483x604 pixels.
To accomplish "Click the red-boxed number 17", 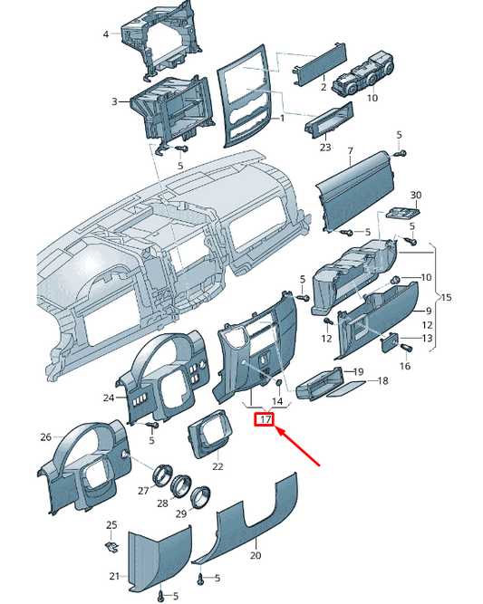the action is coord(264,419).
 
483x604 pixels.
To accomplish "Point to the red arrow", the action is coord(298,446).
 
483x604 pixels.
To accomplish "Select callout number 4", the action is coord(106,34).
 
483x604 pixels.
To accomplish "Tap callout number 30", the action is coord(416,195).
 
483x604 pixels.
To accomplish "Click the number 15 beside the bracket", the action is coord(446,297).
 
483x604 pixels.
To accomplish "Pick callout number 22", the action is coord(217,466).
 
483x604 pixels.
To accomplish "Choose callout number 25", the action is coord(111,525).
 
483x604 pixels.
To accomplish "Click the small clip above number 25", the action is coord(111,546).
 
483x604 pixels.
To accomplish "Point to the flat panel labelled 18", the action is coord(346,388).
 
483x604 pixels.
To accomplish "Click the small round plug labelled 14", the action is coord(277,383).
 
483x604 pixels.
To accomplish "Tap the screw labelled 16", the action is coord(407,348).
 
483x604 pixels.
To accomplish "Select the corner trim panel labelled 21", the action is coord(159,559).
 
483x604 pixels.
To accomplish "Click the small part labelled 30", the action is coord(403,212).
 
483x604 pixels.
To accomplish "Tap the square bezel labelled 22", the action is coord(210,433).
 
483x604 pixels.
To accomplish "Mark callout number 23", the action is coord(325,147).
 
